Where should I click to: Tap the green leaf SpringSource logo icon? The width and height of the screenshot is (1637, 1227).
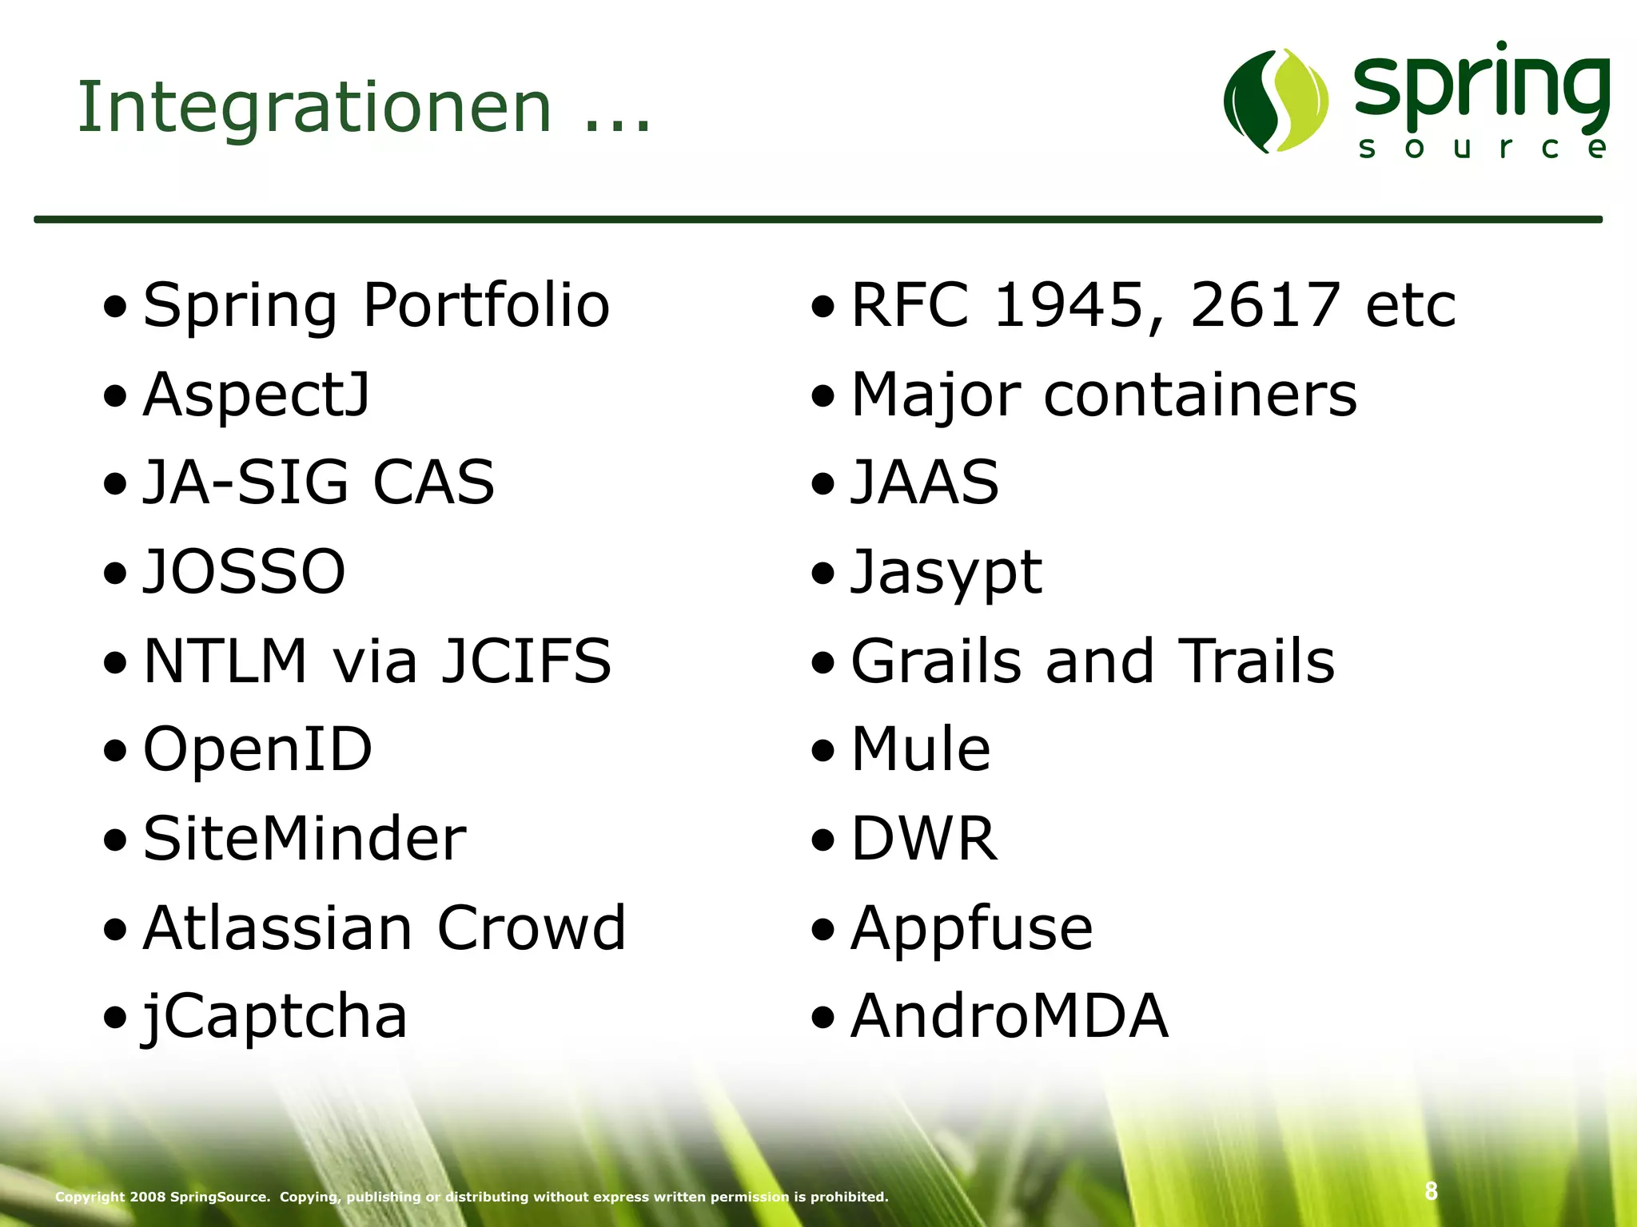(x=1276, y=101)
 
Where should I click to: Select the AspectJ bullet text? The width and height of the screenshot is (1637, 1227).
(x=257, y=395)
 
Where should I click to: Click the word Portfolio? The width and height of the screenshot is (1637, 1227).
(x=486, y=305)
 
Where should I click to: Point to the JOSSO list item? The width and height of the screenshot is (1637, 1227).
(x=244, y=572)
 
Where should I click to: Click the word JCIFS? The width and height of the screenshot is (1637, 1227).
(x=526, y=661)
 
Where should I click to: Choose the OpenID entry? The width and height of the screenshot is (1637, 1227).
(x=257, y=750)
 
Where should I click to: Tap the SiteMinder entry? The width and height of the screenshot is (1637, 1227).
(x=305, y=839)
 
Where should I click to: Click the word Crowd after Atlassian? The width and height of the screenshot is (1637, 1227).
(x=532, y=928)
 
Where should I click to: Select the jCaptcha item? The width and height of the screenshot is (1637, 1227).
(x=274, y=1017)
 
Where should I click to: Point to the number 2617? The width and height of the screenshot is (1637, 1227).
(x=1264, y=305)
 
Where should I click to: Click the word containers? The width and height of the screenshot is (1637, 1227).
(x=1200, y=395)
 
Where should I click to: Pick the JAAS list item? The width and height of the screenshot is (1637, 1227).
(x=925, y=483)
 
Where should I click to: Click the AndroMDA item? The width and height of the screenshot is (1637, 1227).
(x=1010, y=1016)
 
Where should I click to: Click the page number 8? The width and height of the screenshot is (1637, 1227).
(x=1431, y=1191)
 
